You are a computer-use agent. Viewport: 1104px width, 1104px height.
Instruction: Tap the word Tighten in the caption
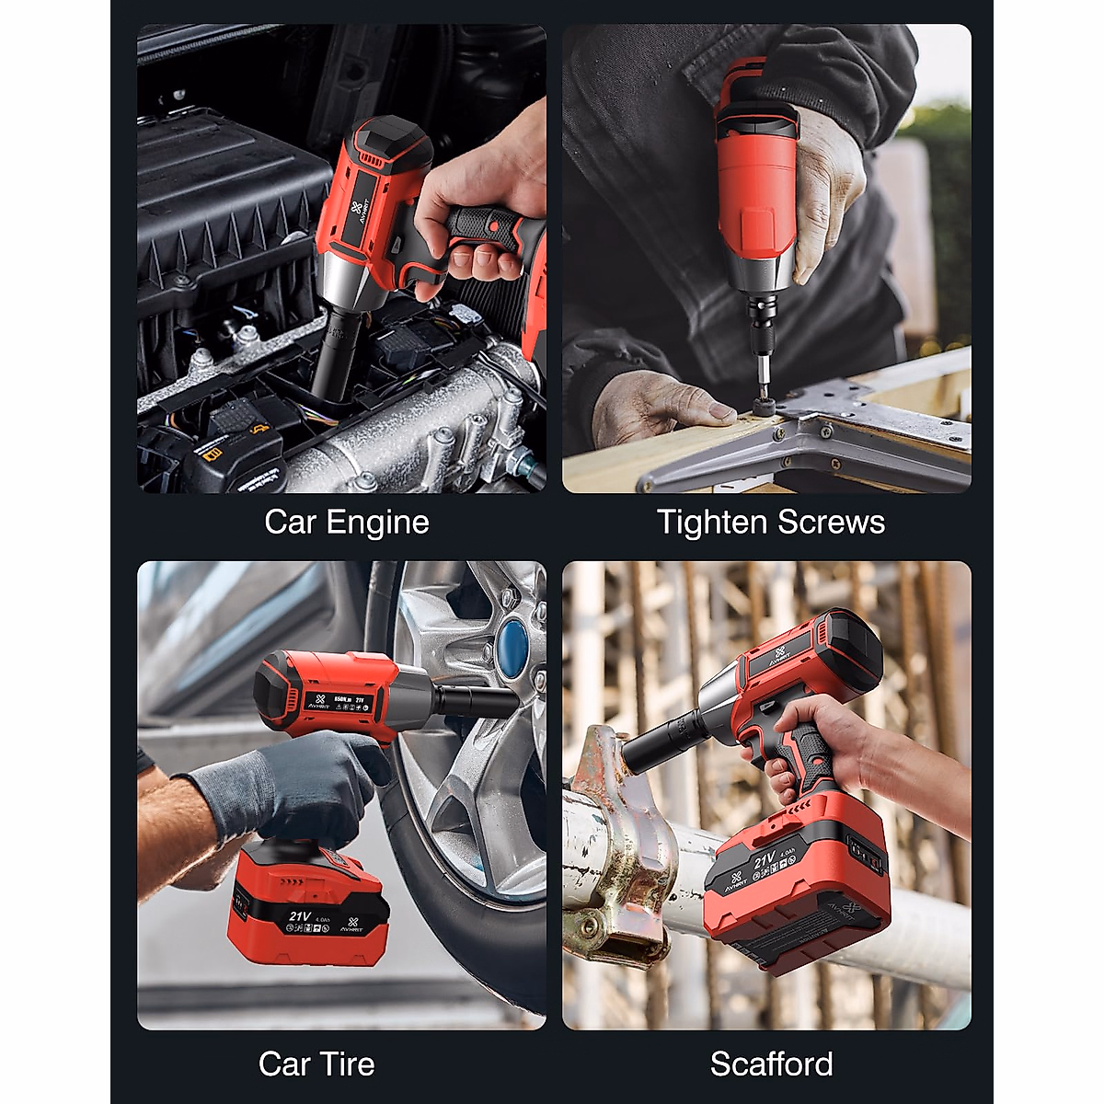point(711,523)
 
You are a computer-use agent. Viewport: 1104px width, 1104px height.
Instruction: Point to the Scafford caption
point(771,1064)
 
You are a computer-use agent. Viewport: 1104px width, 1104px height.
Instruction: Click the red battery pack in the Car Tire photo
point(308,906)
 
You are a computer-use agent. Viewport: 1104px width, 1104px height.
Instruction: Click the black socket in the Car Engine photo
point(335,354)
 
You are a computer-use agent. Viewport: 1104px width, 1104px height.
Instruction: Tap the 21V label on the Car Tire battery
point(301,916)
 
